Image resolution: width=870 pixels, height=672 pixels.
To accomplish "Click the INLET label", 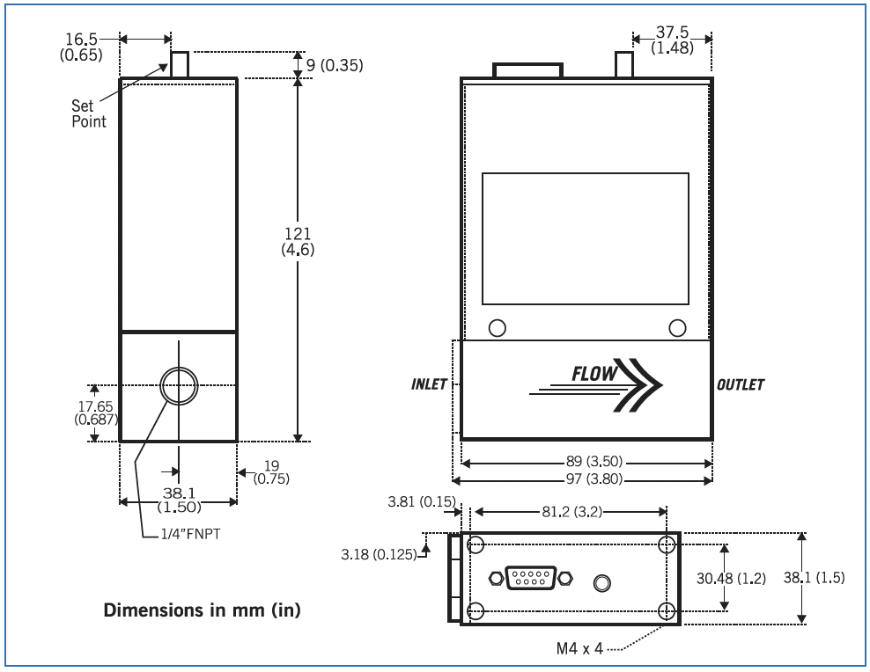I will click(x=430, y=385).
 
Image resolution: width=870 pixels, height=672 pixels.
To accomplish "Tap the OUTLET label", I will click(x=741, y=385).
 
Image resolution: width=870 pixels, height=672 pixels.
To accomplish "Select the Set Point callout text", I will click(x=88, y=114).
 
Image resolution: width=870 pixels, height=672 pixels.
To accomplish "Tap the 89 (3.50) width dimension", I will click(x=586, y=461).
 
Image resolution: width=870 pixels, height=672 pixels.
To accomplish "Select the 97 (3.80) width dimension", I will click(x=586, y=480).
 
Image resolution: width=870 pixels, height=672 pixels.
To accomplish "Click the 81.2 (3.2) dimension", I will click(x=569, y=513).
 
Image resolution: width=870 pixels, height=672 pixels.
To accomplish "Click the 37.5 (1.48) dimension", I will click(x=672, y=40).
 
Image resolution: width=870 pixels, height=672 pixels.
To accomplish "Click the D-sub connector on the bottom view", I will click(x=528, y=578).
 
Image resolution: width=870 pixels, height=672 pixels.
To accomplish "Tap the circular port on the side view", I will click(x=178, y=385).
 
